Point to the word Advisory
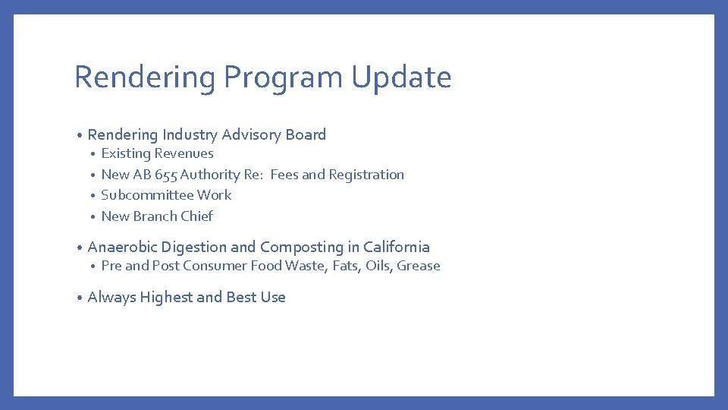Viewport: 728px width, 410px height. [252, 135]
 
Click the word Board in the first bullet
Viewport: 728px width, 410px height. [306, 135]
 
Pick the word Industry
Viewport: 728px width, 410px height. [190, 135]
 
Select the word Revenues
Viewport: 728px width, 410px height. [184, 154]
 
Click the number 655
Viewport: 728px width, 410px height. [166, 175]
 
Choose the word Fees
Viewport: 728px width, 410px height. [284, 175]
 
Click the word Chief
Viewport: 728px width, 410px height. [196, 216]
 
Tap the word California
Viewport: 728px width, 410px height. [396, 248]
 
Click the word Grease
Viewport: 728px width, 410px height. [419, 266]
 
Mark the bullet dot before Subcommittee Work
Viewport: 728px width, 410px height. [93, 196]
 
